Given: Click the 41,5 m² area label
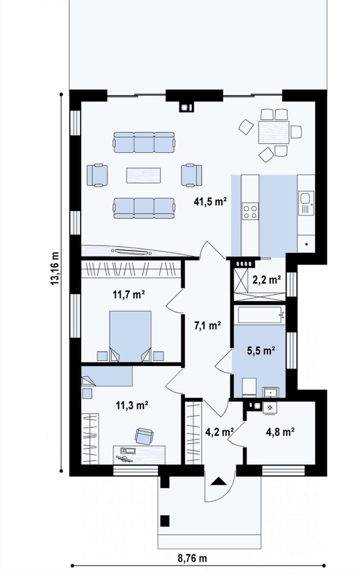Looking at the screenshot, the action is [x=210, y=201].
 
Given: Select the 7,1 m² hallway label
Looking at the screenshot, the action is [x=208, y=326].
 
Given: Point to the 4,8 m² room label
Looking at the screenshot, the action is [x=280, y=432].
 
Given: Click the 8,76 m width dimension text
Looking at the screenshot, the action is [x=192, y=558].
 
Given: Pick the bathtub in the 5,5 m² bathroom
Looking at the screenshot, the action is [x=259, y=315].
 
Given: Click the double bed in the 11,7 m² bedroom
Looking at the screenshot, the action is [x=130, y=336].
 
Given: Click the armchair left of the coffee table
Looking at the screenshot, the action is [x=97, y=175].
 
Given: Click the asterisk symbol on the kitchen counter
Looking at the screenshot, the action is [x=307, y=245].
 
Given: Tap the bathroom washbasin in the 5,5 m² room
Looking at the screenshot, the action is [x=271, y=392].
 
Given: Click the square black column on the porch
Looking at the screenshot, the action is [x=165, y=521].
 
